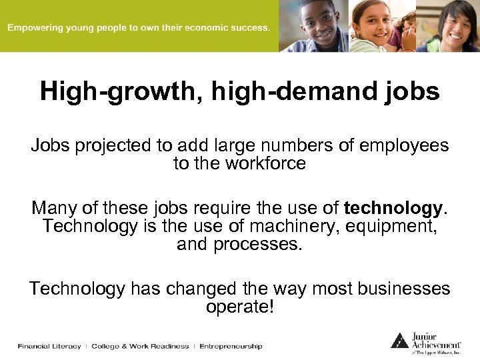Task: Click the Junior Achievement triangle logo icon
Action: [x=399, y=340]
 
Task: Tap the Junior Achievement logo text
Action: [x=440, y=340]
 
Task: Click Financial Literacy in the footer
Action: [x=49, y=346]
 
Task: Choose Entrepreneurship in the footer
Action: [x=231, y=346]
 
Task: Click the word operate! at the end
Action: [x=240, y=307]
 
